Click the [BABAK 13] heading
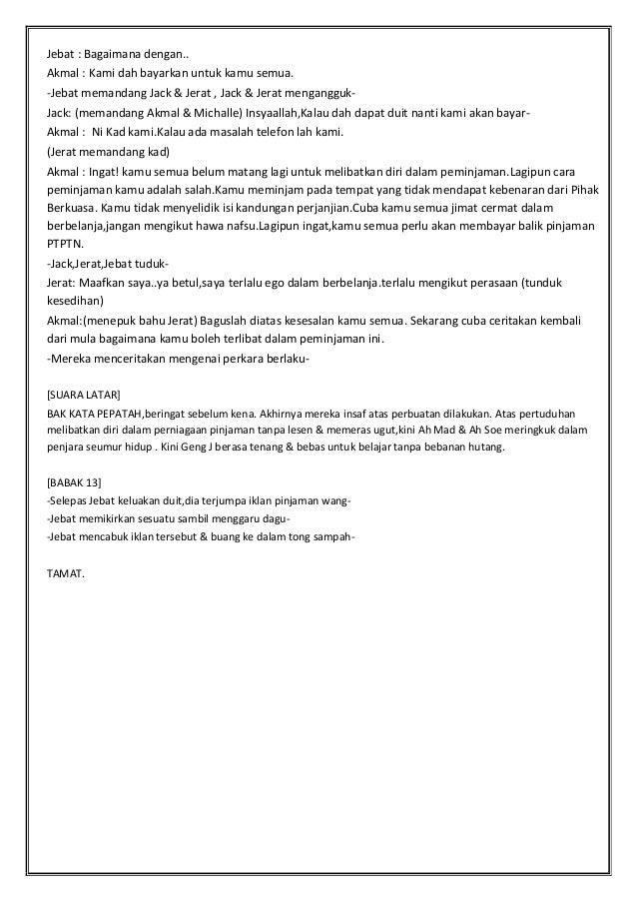point(74,483)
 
